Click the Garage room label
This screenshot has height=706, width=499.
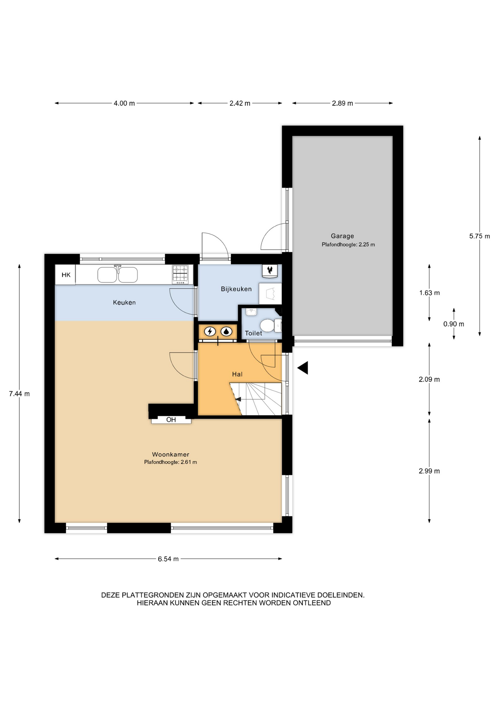point(342,236)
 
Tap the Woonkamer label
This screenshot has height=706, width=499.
point(170,454)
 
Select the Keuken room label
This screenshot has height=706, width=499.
point(124,303)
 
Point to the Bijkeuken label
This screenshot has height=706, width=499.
point(236,289)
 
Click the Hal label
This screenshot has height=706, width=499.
point(237,374)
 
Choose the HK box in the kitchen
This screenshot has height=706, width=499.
point(65,275)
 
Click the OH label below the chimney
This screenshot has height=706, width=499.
point(171,420)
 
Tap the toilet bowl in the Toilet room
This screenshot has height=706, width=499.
point(267,325)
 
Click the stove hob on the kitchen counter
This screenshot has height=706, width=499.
point(180,274)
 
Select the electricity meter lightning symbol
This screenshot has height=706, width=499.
point(210,332)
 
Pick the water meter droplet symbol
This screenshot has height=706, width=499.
point(226,332)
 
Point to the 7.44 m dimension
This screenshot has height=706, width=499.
point(19,394)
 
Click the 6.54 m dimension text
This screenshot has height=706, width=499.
point(168,559)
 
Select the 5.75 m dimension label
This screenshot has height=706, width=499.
point(480,236)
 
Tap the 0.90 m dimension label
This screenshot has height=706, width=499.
point(454,324)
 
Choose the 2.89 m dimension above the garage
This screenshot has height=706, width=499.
point(342,103)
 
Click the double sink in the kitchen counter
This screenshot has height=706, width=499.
point(118,274)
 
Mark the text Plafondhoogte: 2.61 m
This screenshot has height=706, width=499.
point(170,462)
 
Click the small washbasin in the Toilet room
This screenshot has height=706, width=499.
point(251,312)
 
